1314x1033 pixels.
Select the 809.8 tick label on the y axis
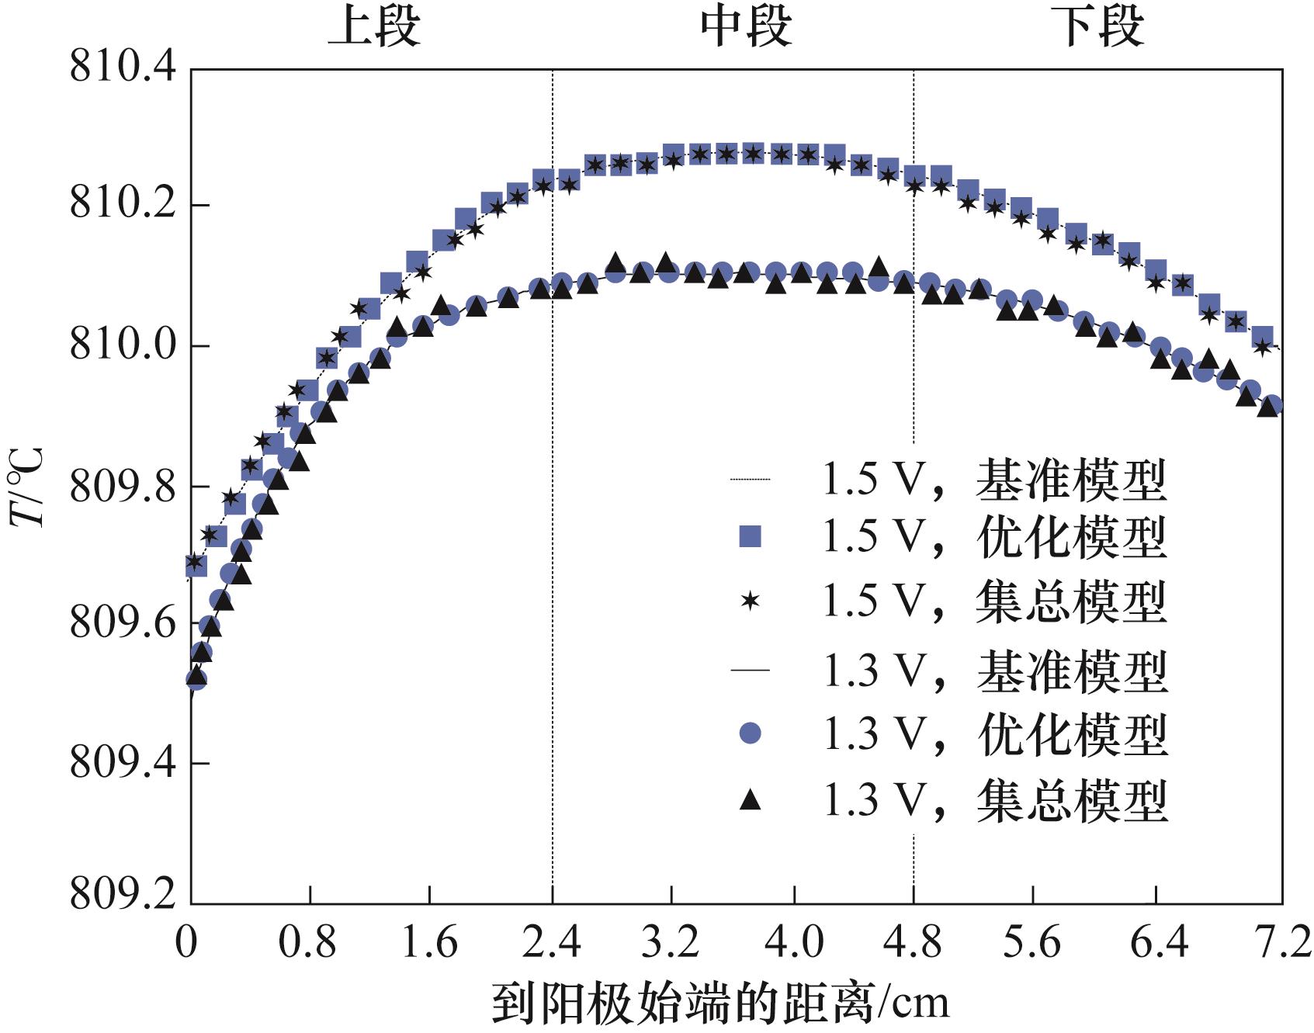click(123, 487)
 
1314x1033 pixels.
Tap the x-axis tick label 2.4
click(551, 942)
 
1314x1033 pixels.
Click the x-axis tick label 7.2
click(1281, 942)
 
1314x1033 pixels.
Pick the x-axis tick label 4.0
click(794, 942)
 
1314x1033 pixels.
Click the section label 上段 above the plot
click(374, 28)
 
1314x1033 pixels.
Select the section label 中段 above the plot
click(746, 28)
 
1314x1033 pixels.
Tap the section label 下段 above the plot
click(1099, 28)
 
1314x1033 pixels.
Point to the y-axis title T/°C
click(29, 487)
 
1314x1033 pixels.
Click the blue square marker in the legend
click(750, 536)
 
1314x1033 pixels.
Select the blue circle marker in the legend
click(750, 733)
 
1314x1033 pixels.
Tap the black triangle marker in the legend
click(750, 799)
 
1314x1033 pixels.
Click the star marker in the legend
click(750, 601)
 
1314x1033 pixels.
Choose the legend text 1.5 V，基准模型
click(993, 480)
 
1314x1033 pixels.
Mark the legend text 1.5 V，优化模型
click(993, 536)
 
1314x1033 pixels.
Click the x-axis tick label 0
click(186, 942)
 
